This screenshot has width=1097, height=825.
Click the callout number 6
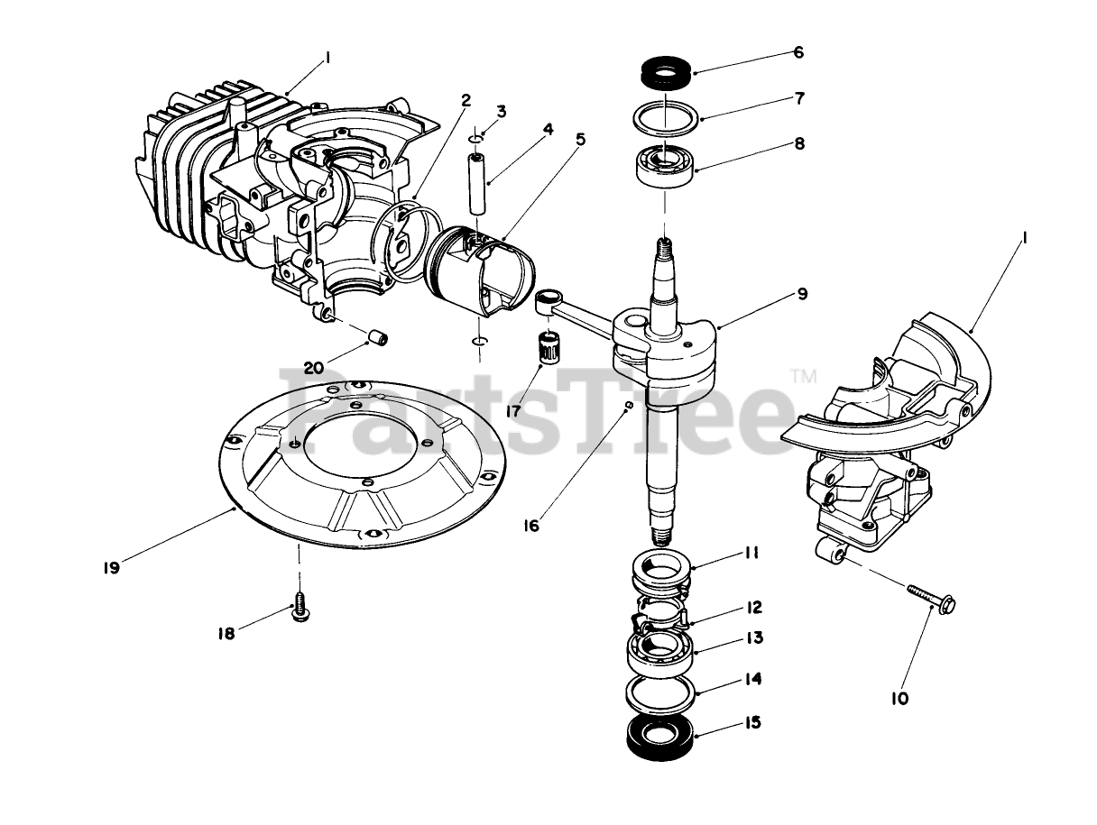pos(797,52)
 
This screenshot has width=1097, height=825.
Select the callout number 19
pos(111,568)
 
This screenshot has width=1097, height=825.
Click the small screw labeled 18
pos(300,609)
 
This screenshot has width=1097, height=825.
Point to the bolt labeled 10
pos(929,596)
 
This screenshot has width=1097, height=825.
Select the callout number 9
pos(802,295)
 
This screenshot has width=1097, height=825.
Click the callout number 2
pos(466,100)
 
